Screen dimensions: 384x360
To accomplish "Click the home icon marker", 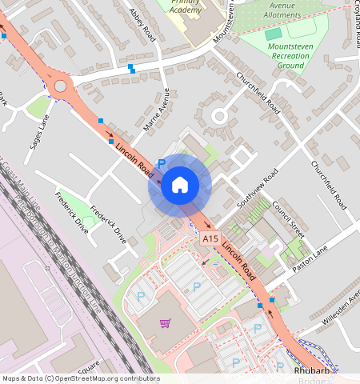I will point(180,186).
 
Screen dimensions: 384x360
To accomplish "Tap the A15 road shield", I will point(210,239).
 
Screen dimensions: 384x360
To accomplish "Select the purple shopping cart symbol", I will point(165,323).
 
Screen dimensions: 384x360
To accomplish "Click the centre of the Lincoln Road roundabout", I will point(60,86).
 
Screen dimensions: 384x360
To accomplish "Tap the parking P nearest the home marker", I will point(161,164).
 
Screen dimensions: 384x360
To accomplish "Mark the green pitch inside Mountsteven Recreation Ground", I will point(274,34).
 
